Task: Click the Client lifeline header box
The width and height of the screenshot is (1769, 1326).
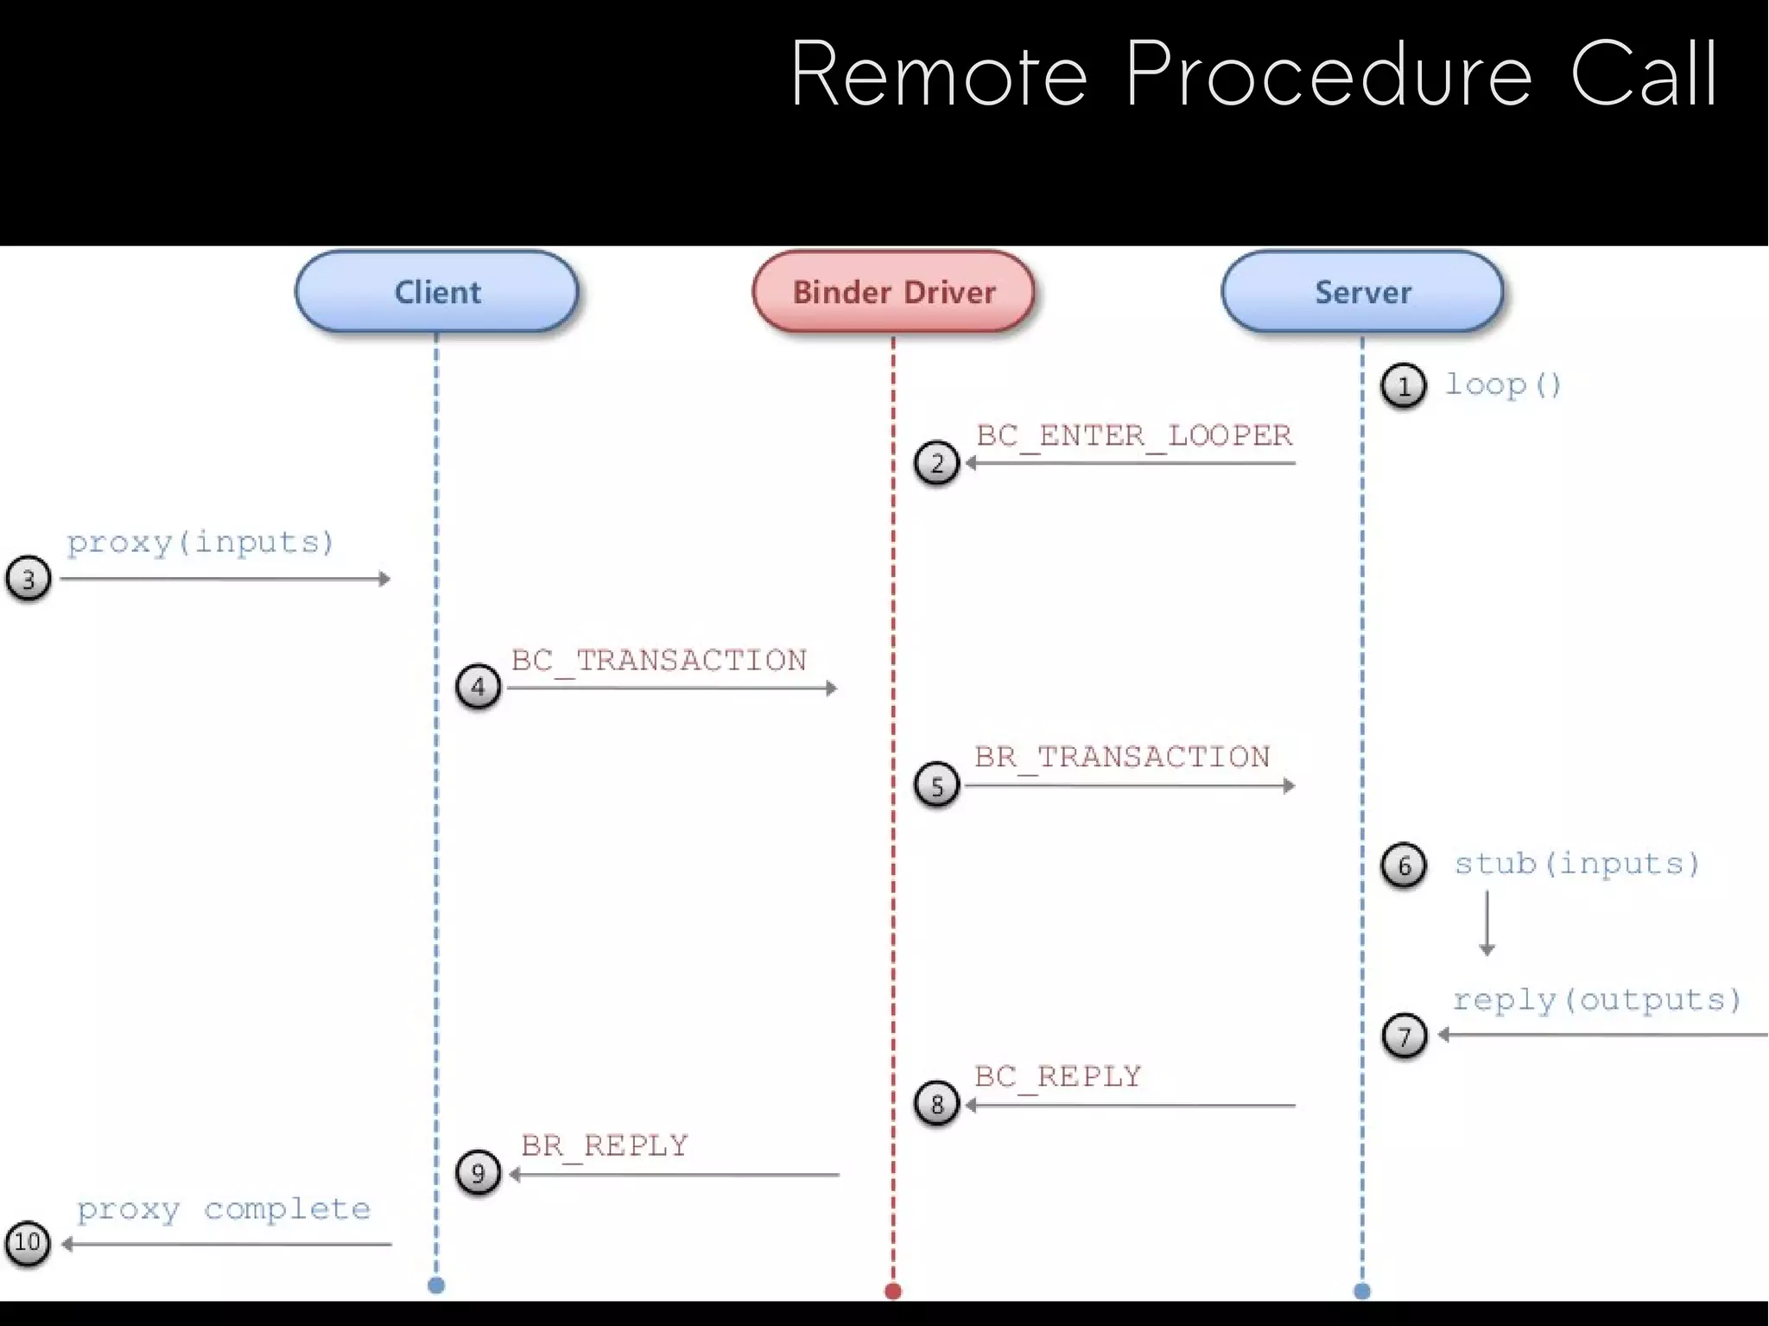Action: pos(437,292)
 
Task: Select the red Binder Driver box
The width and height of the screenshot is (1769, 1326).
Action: pos(894,292)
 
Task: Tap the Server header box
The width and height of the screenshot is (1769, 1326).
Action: pos(1362,292)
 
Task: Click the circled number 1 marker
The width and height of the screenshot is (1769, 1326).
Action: pos(1403,386)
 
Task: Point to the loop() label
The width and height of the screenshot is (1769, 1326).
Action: pos(1504,384)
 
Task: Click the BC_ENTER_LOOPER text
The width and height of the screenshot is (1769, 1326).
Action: pos(1134,435)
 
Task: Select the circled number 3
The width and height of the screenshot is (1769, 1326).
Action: pos(29,579)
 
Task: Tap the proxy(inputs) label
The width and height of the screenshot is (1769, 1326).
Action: pos(200,542)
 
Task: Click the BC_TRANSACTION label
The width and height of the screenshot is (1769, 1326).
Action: pos(658,661)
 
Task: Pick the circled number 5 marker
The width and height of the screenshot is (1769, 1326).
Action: pos(937,785)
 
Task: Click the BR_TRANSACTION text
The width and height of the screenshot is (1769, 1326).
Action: pos(1122,758)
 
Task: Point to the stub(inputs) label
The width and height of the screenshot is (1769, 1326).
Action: pos(1577,864)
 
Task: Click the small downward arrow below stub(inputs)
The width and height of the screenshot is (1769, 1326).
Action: pos(1487,924)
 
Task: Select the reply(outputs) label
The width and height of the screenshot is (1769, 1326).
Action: pos(1596,1000)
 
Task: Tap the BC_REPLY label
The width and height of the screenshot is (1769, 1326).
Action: pos(1058,1077)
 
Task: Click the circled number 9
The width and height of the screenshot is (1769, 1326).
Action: pos(479,1173)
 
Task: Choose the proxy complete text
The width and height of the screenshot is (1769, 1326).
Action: pos(224,1209)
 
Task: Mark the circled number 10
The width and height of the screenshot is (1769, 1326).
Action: pos(28,1244)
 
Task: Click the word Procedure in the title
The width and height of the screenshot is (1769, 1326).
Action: pos(1328,76)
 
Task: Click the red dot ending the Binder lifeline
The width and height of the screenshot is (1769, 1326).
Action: pos(893,1291)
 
